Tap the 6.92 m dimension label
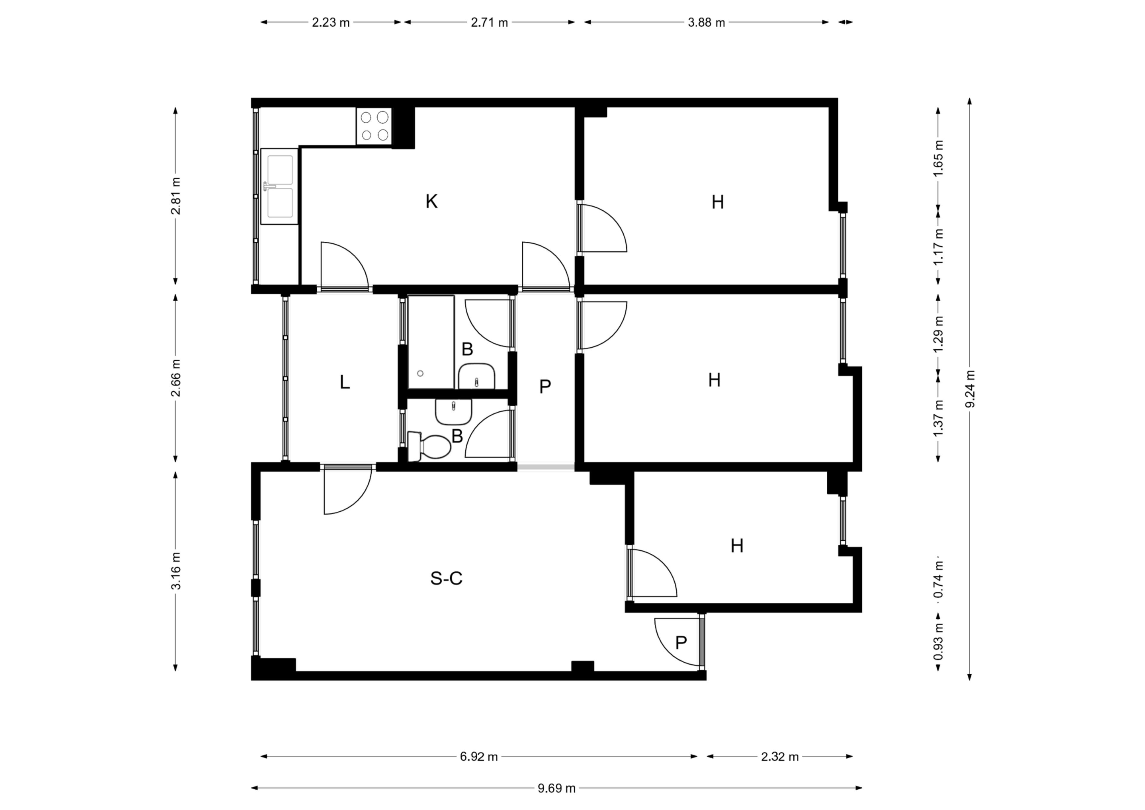point(479,757)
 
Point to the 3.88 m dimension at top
point(706,22)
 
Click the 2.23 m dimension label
point(331,22)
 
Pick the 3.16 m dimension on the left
point(176,571)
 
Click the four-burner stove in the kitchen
point(374,126)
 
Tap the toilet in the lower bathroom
point(429,446)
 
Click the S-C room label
point(446,578)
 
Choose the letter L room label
point(344,382)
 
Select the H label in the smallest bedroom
point(737,546)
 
